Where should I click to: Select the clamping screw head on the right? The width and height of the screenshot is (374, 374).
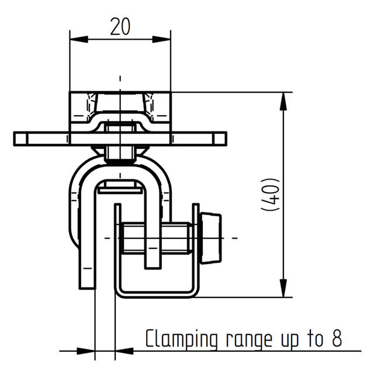point(210,238)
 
